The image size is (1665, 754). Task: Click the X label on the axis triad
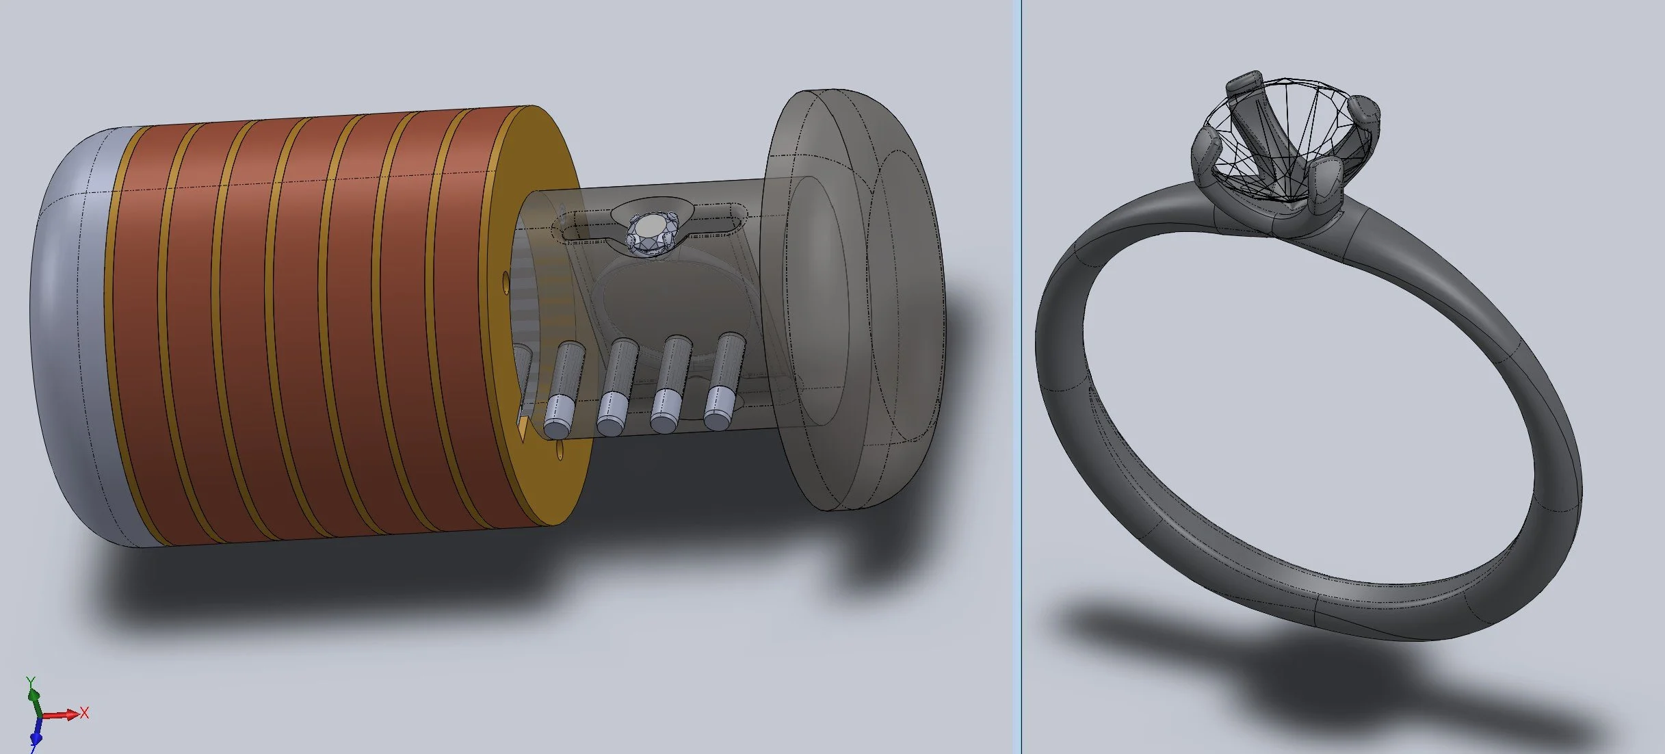[84, 712]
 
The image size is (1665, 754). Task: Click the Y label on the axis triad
[30, 681]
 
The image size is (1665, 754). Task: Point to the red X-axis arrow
[60, 715]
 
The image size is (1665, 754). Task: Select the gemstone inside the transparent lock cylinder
[650, 233]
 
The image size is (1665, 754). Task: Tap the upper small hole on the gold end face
[506, 278]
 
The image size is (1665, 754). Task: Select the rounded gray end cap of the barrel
[75, 335]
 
